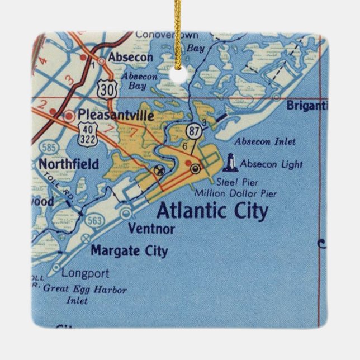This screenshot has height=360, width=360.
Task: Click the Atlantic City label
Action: [x=212, y=211]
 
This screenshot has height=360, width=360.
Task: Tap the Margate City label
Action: [x=129, y=250]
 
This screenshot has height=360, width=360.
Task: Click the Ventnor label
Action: [x=151, y=228]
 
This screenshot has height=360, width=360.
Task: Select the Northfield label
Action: [x=69, y=164]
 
